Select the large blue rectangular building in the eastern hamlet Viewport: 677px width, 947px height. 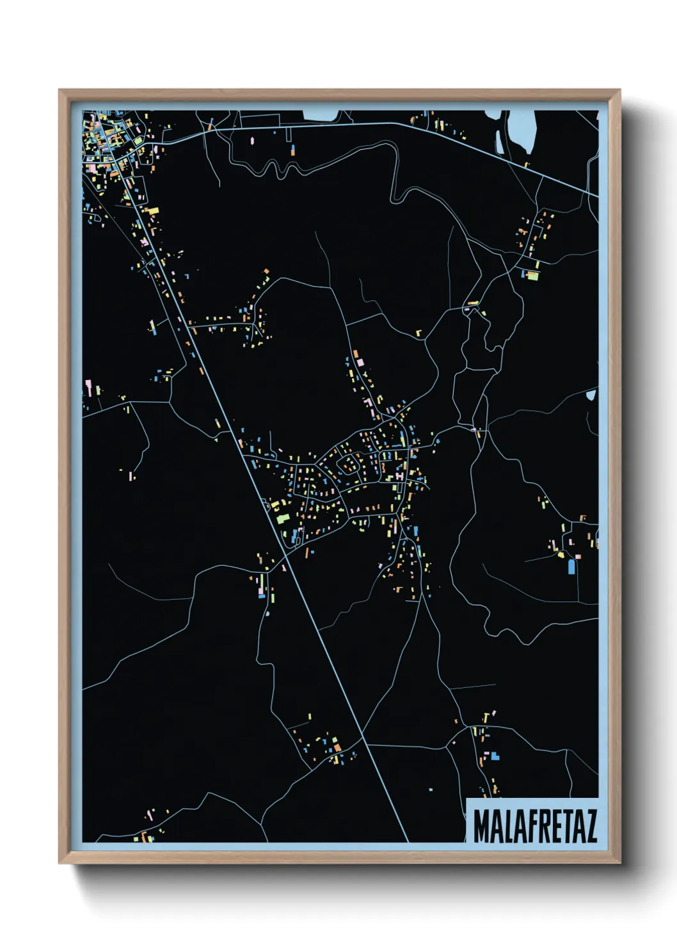click(571, 567)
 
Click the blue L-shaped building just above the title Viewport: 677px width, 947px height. click(494, 756)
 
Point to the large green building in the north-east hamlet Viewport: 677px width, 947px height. click(532, 276)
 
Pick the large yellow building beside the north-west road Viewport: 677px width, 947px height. click(153, 211)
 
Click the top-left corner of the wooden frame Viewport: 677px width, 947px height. click(60, 90)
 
